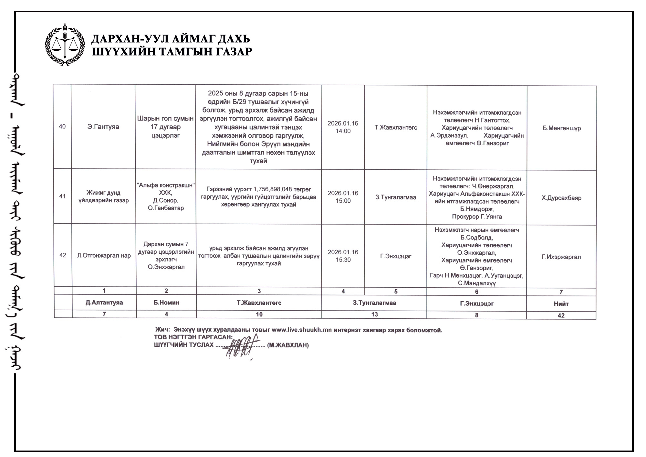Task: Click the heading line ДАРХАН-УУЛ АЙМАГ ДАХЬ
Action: pos(171,39)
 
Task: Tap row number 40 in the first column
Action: pos(62,126)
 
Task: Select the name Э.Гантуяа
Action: pos(103,127)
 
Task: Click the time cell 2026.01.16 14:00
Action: pos(343,127)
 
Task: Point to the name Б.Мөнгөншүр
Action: pos(562,128)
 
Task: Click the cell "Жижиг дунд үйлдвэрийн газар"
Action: pos(103,197)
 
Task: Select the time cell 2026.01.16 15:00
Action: pos(343,197)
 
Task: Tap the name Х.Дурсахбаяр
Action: pos(561,198)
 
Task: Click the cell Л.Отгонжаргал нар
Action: pos(104,256)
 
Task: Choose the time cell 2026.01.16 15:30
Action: pos(343,256)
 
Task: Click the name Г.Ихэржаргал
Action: pos(561,257)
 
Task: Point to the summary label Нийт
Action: pos(561,304)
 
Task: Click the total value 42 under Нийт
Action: pos(561,315)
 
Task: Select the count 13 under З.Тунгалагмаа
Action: pos(374,314)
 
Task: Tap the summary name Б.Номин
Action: pos(166,303)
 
